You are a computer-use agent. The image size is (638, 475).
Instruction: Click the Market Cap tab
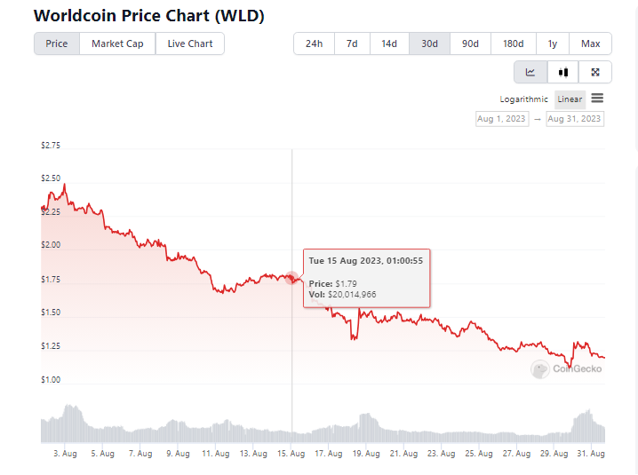pos(117,44)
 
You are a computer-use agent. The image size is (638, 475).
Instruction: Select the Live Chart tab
pos(190,44)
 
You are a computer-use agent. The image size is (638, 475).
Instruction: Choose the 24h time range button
pos(314,44)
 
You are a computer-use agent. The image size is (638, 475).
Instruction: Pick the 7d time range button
pos(352,44)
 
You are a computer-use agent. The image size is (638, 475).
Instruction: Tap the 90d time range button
pos(470,44)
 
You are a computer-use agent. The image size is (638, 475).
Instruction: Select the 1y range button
pos(552,44)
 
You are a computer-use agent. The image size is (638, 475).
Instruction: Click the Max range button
pos(590,44)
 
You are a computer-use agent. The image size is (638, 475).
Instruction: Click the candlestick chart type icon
pos(562,73)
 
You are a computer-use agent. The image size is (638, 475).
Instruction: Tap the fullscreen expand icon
pos(595,73)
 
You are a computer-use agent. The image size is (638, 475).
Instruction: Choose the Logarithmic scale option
pos(524,99)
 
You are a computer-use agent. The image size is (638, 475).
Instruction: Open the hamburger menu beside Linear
pos(597,99)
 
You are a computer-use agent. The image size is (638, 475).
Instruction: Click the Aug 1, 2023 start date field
pos(501,118)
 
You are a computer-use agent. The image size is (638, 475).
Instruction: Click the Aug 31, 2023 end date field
pos(575,118)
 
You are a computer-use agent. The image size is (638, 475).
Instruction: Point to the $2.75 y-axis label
pos(51,146)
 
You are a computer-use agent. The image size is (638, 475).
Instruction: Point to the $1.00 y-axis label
pos(51,380)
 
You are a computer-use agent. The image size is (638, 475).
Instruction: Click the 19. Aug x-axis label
pos(367,454)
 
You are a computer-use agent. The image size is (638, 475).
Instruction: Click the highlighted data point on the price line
pos(292,278)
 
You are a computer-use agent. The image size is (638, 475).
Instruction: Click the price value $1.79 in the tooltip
pos(345,283)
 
